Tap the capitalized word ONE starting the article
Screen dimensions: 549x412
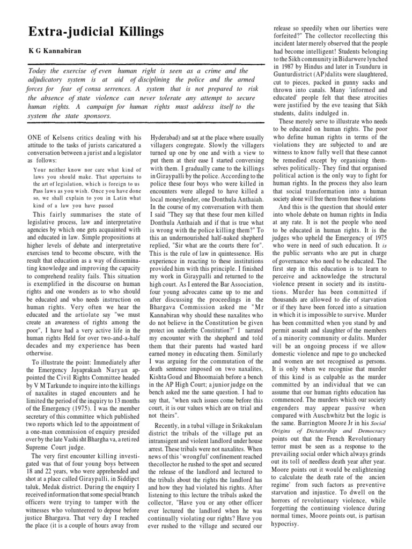click(x=35, y=138)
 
